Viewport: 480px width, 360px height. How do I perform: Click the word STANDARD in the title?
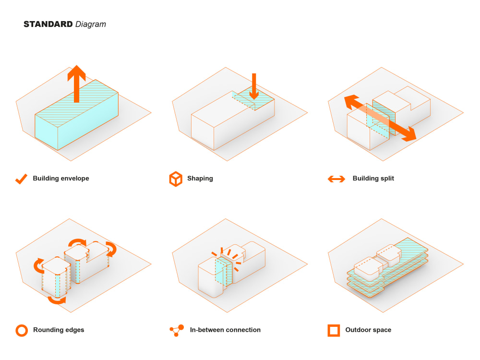[48, 24]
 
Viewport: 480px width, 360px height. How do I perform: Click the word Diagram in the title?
[91, 24]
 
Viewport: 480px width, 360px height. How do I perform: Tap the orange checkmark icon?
[21, 179]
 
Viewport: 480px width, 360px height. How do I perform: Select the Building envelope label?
[61, 179]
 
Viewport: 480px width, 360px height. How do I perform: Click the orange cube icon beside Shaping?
[176, 179]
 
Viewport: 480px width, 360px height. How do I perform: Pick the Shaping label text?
[200, 179]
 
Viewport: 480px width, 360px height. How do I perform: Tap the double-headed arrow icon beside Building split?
[336, 179]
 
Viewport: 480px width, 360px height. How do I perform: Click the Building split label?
[373, 179]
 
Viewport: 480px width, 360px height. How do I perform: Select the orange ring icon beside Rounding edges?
[22, 330]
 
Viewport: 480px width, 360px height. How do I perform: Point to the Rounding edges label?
[59, 330]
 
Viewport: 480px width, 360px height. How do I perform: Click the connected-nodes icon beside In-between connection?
[176, 330]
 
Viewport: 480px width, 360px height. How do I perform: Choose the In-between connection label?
[225, 330]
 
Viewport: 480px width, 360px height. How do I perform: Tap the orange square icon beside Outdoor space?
[334, 330]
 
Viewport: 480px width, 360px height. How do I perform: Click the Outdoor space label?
[368, 330]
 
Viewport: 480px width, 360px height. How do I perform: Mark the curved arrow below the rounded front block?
[57, 300]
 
